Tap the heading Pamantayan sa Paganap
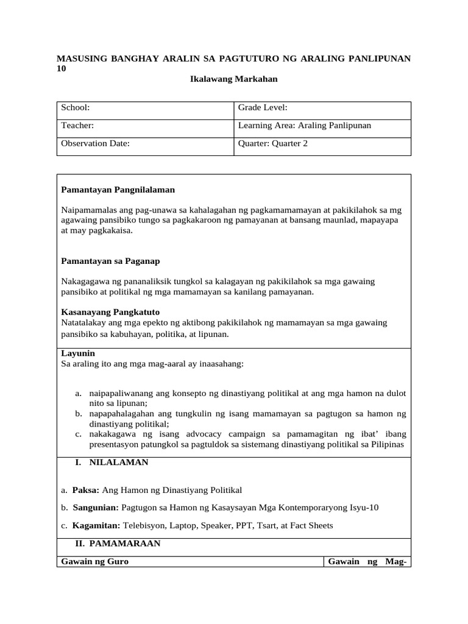pyautogui.click(x=110, y=261)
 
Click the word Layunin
pyautogui.click(x=78, y=353)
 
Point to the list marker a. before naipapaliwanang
pyautogui.click(x=79, y=393)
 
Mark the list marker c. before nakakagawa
pyautogui.click(x=79, y=434)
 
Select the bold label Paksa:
pyautogui.click(x=86, y=490)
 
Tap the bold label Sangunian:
pyautogui.click(x=96, y=508)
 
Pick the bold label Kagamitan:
pyautogui.click(x=96, y=525)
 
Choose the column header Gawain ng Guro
pyautogui.click(x=95, y=561)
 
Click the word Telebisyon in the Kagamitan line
pyautogui.click(x=145, y=525)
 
